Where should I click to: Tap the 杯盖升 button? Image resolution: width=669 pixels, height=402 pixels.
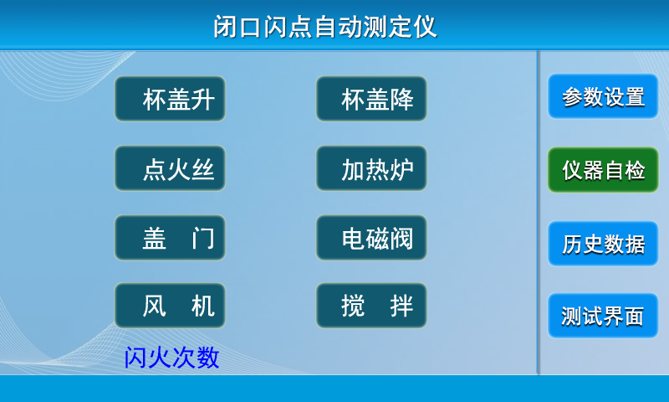pyautogui.click(x=170, y=99)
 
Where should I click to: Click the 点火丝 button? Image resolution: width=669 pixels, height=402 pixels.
pyautogui.click(x=170, y=168)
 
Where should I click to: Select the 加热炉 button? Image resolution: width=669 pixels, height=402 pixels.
pyautogui.click(x=371, y=168)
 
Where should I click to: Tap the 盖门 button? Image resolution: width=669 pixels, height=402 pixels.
pyautogui.click(x=170, y=238)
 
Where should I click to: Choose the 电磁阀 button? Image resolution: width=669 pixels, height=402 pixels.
pyautogui.click(x=371, y=238)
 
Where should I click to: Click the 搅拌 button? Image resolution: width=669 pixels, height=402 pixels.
pyautogui.click(x=371, y=306)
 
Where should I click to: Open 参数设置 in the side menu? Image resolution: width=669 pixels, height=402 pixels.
pyautogui.click(x=603, y=96)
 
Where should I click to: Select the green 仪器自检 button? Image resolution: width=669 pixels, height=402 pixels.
pyautogui.click(x=603, y=170)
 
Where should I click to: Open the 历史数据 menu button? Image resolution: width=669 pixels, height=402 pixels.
pyautogui.click(x=603, y=244)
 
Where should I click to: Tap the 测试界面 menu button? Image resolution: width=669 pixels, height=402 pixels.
pyautogui.click(x=603, y=316)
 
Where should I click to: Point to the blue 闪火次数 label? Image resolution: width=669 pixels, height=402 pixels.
pyautogui.click(x=171, y=357)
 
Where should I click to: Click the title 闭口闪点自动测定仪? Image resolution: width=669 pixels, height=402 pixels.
pyautogui.click(x=325, y=27)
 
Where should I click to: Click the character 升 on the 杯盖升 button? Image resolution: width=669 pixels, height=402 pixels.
pyautogui.click(x=202, y=99)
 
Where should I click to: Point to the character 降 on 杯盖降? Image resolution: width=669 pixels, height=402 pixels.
pyautogui.click(x=401, y=99)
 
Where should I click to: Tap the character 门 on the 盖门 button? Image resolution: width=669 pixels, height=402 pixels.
pyautogui.click(x=202, y=238)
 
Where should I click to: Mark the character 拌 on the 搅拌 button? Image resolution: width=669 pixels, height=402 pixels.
pyautogui.click(x=401, y=306)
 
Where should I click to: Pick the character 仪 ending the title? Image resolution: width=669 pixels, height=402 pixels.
pyautogui.click(x=425, y=27)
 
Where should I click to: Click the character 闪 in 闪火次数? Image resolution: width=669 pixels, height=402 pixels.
pyautogui.click(x=135, y=357)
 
